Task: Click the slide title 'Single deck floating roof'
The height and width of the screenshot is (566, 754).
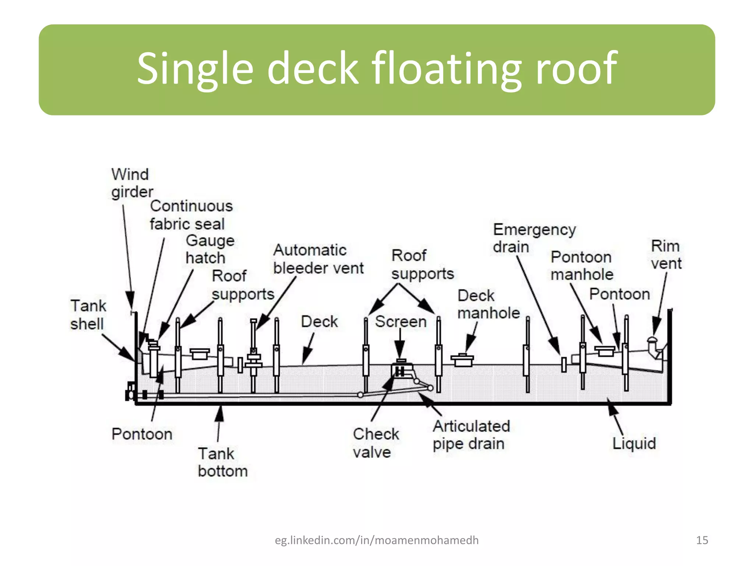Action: tap(377, 69)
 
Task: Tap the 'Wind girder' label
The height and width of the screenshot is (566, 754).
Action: tap(131, 183)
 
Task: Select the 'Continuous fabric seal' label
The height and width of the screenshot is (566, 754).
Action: tap(191, 215)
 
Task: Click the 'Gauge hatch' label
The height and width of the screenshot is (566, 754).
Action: tap(209, 249)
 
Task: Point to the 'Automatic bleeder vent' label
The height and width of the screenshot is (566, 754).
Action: tap(318, 259)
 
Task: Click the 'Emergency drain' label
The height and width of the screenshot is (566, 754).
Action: tap(534, 238)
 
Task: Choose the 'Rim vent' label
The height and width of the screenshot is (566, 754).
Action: tap(666, 255)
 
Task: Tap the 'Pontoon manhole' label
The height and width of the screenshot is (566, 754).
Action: tap(581, 266)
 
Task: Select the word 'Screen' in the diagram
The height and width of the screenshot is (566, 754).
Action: tap(401, 322)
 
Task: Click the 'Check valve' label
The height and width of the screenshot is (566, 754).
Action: tap(375, 443)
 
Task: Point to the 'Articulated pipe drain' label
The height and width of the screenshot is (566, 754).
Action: tap(471, 435)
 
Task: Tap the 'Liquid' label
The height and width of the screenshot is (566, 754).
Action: tap(634, 443)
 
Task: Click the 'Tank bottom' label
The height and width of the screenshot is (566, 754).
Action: tap(222, 462)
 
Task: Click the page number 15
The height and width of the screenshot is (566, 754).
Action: tap(702, 540)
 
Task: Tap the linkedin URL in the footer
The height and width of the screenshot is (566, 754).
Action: tap(377, 540)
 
